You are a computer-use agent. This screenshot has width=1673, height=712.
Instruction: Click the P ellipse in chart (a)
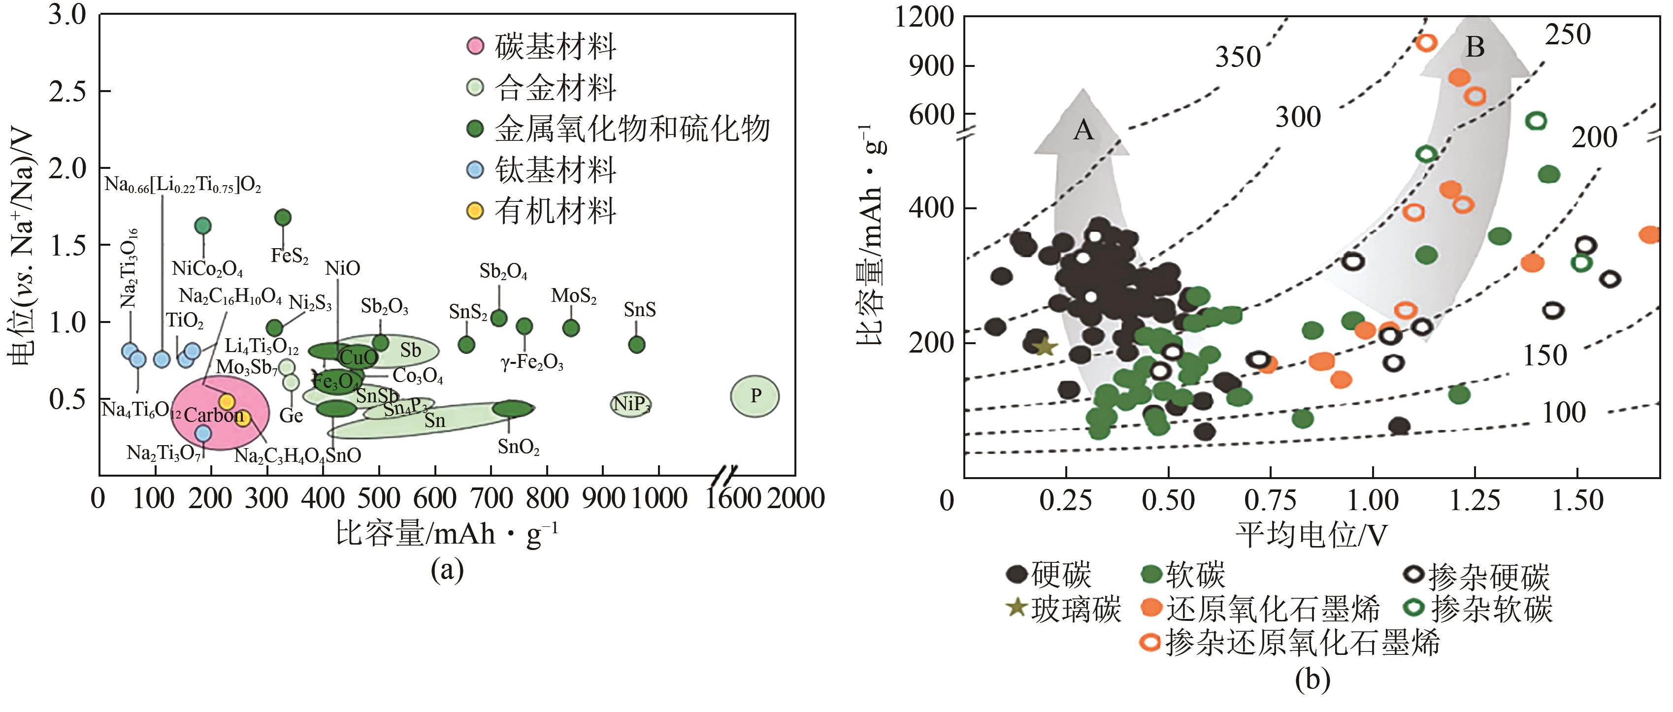pos(754,396)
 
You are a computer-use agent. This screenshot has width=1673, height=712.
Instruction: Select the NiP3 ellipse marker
pos(630,404)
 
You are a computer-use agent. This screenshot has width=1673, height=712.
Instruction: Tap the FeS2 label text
pos(290,255)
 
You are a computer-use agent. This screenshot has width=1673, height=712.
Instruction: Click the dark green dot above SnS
pos(637,344)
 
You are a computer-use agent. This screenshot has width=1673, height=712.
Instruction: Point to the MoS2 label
pos(573,296)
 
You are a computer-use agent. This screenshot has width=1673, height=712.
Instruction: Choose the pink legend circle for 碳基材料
pos(475,46)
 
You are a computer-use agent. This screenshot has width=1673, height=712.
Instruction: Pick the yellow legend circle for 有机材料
pos(475,210)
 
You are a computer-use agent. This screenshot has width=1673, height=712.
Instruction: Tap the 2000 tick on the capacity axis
pos(796,498)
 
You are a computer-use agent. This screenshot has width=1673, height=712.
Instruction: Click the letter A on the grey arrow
pos(1083,130)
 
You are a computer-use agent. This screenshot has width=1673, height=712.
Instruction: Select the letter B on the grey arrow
pos(1475,47)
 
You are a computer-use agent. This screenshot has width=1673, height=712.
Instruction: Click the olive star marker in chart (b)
pos(1045,347)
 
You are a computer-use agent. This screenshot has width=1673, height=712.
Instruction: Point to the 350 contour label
pos(1238,57)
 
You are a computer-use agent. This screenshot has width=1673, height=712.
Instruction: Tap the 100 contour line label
pos(1564,413)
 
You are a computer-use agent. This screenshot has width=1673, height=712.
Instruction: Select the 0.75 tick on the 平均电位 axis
pos(1270,500)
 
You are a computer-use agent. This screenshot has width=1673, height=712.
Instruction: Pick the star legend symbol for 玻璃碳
pos(1017,608)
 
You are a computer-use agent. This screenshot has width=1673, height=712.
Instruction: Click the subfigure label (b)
pos(1312,680)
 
